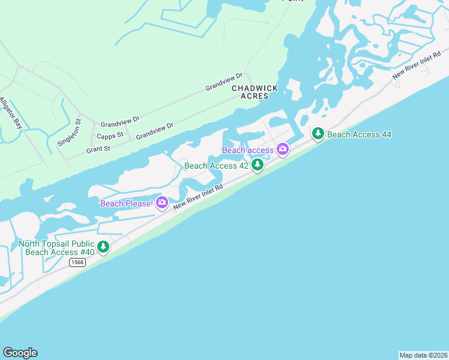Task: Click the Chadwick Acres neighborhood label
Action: click(255, 92)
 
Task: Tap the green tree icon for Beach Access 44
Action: click(318, 134)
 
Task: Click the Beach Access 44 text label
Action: click(360, 134)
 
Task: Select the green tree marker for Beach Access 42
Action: click(258, 164)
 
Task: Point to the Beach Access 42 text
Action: click(216, 166)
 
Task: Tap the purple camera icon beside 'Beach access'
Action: click(282, 149)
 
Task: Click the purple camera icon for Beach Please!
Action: click(161, 203)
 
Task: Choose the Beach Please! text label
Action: click(127, 203)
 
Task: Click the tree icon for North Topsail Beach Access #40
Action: click(103, 247)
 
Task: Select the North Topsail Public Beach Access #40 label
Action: click(56, 248)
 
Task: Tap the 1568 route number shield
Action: click(77, 262)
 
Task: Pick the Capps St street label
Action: click(110, 136)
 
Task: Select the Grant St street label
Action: click(98, 149)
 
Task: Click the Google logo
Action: click(20, 353)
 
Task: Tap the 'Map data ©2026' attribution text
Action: click(423, 355)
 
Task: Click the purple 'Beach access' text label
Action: click(248, 149)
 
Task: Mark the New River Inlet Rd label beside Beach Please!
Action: click(198, 197)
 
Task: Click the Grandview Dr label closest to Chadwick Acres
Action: click(224, 82)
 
